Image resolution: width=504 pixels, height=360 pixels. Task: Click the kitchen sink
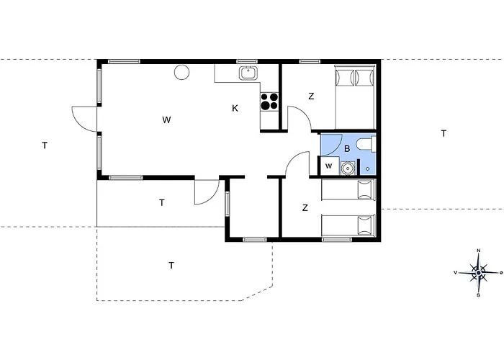(x=248, y=73)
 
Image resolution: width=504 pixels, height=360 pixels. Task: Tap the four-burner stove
(x=269, y=102)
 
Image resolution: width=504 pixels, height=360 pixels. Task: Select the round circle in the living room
(x=181, y=72)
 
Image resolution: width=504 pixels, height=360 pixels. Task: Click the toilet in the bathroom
(x=366, y=144)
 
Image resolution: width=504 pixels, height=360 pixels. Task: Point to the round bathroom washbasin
(x=348, y=168)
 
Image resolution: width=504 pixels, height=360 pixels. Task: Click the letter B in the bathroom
(x=347, y=149)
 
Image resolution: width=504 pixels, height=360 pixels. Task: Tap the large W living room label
(x=166, y=120)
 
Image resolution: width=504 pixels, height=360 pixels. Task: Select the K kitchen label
(x=235, y=108)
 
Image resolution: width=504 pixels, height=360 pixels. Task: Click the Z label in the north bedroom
(x=311, y=96)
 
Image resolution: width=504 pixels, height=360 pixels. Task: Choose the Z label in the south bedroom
(x=305, y=207)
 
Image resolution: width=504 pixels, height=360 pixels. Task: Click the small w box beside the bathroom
(x=328, y=166)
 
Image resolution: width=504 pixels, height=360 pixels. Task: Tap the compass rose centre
(x=479, y=273)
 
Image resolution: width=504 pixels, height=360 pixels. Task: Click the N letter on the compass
(x=479, y=251)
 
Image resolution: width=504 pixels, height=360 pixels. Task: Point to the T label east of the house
(x=444, y=133)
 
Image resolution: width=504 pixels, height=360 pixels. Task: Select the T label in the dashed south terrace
(x=171, y=265)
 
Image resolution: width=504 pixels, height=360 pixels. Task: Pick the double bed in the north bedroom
(x=355, y=96)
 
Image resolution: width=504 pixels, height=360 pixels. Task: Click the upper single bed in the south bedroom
(x=348, y=190)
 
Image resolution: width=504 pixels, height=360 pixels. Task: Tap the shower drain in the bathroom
(x=368, y=168)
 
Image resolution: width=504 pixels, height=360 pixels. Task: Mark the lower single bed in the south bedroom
(x=348, y=225)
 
